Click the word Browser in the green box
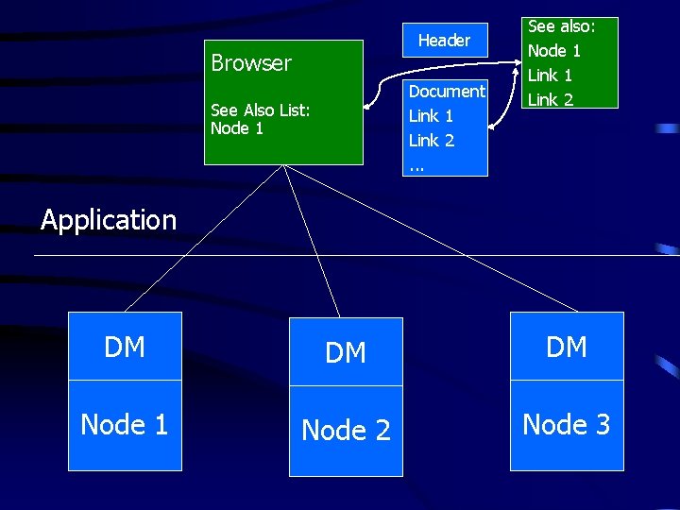tap(251, 63)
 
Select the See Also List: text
tap(260, 110)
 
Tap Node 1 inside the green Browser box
tap(237, 128)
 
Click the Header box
tap(444, 41)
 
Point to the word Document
tap(446, 92)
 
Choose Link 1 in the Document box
tap(431, 116)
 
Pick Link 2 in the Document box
tap(431, 141)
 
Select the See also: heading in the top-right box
tap(560, 27)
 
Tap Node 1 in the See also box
tap(553, 51)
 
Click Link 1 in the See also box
tap(550, 76)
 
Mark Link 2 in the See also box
tap(550, 99)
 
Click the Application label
tap(109, 220)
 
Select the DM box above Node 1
tap(125, 347)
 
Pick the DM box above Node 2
tap(346, 352)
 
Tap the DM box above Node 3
tap(567, 347)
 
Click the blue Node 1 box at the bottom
tap(125, 425)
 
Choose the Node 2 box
tap(346, 431)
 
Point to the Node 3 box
tap(567, 425)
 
